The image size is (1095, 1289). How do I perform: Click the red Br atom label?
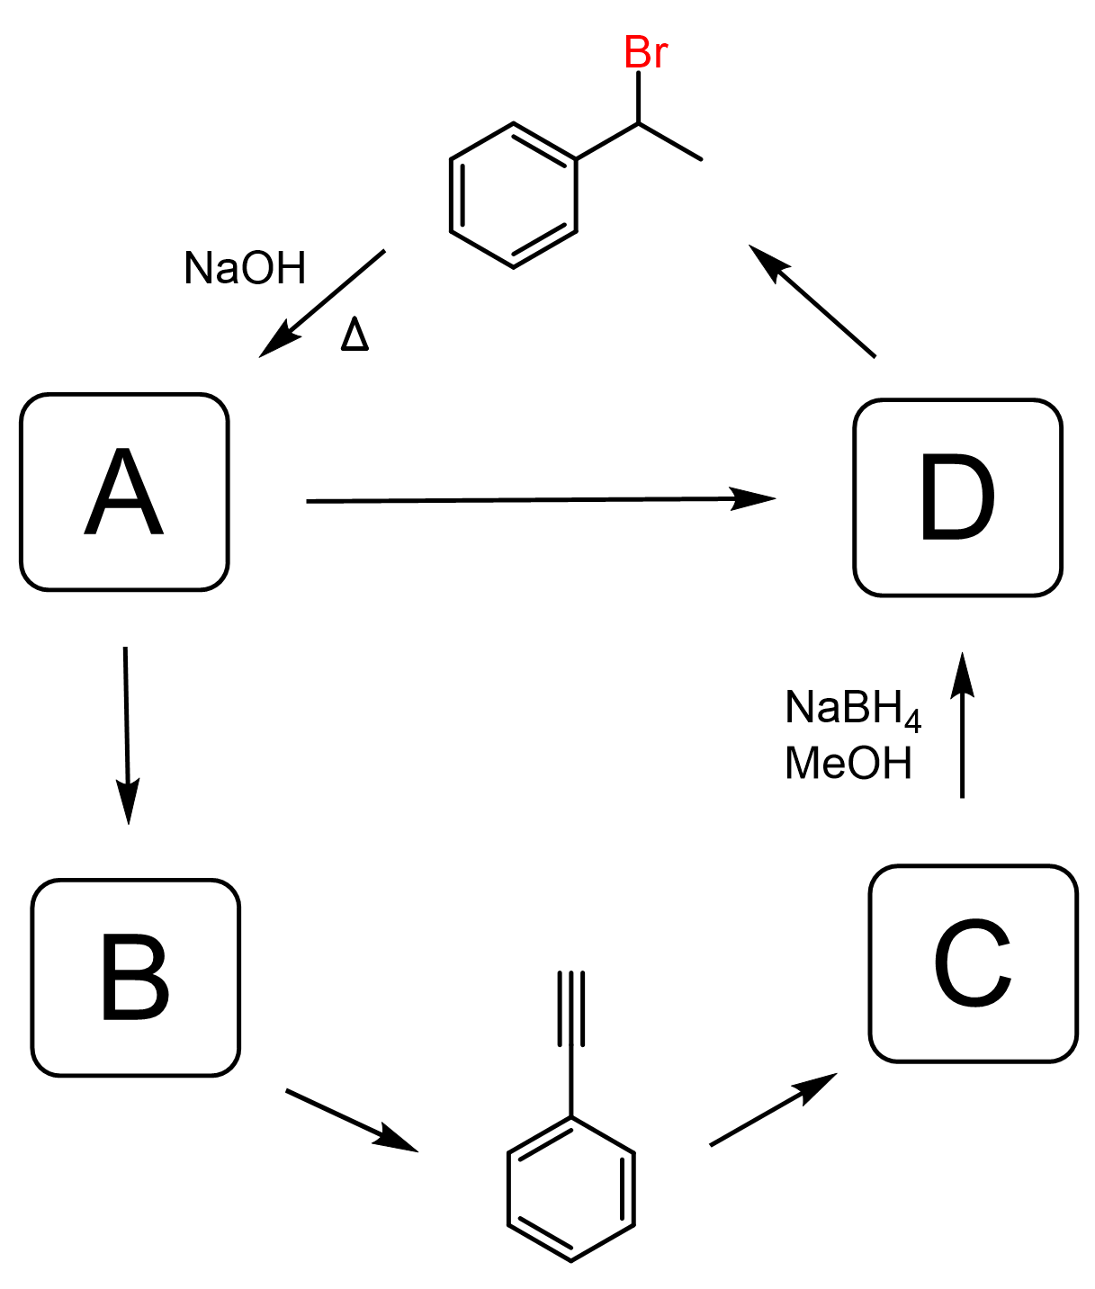[645, 53]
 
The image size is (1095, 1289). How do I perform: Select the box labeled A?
[124, 492]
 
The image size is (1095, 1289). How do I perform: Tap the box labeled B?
[136, 978]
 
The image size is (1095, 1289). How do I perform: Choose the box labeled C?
[973, 963]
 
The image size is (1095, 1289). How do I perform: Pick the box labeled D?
[957, 497]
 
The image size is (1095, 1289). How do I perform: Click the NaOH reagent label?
[245, 268]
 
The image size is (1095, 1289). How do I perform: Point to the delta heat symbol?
[355, 336]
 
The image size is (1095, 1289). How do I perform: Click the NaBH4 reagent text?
[852, 709]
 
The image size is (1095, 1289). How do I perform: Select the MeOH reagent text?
[848, 764]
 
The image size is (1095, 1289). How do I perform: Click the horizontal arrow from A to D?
[540, 499]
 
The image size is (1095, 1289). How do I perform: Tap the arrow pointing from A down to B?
[127, 733]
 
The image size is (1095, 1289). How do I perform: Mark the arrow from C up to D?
[962, 725]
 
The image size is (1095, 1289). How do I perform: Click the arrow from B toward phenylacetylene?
[351, 1120]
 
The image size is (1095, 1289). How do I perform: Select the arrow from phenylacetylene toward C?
[773, 1109]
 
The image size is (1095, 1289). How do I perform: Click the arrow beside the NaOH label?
[322, 303]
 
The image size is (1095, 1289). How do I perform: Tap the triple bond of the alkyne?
[571, 1008]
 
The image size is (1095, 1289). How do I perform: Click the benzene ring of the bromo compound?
[513, 195]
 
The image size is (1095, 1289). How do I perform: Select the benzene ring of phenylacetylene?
[571, 1188]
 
